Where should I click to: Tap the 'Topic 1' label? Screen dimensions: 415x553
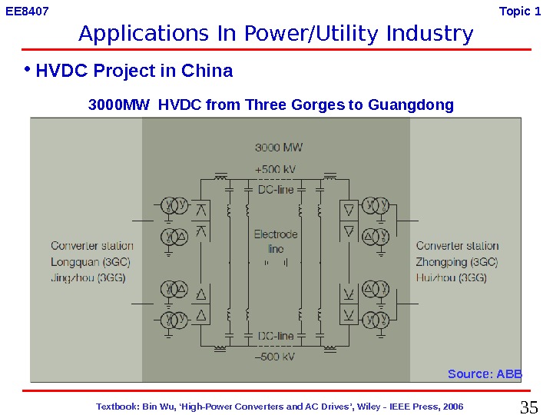(525, 12)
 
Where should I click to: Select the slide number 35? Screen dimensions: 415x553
(529, 407)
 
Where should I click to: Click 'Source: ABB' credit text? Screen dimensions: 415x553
(485, 374)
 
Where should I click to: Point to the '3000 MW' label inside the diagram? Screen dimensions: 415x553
(279, 147)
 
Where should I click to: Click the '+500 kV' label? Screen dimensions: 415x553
(276, 169)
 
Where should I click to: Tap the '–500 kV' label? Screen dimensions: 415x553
(276, 357)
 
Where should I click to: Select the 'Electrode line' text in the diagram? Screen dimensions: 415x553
(276, 241)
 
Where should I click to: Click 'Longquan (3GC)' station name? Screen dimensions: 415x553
(91, 262)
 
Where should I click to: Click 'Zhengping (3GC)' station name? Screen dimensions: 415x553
(457, 262)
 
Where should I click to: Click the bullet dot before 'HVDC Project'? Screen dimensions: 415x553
(26, 69)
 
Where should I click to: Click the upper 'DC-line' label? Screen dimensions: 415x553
(276, 189)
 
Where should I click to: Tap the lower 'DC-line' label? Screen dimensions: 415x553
(276, 337)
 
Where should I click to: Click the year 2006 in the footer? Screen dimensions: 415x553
(452, 406)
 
